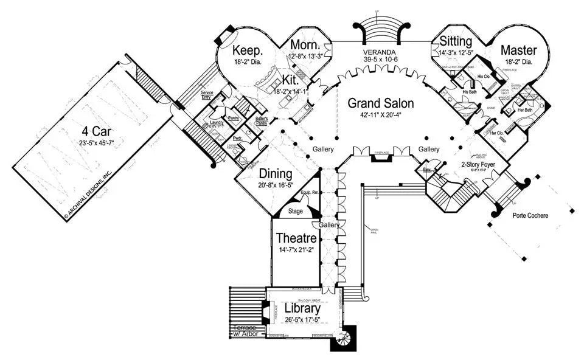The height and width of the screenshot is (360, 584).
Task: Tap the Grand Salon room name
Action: tap(380, 103)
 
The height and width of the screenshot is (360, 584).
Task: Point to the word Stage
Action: tap(296, 212)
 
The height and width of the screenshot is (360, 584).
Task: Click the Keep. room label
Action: tap(248, 50)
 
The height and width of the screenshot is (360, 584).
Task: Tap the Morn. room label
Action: tap(305, 46)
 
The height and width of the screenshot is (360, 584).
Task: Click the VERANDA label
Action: tap(380, 52)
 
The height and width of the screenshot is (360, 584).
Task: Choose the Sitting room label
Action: tap(456, 42)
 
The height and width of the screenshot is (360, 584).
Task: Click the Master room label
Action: tap(519, 50)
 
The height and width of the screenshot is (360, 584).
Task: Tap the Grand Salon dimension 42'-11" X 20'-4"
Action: tap(380, 116)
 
